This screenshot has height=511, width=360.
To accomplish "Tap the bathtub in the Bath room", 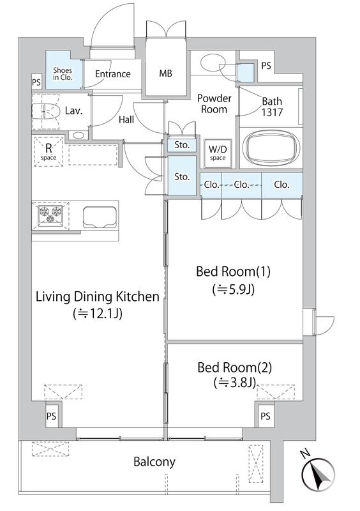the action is tap(271, 148).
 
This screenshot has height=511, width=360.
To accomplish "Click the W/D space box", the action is tap(218, 153).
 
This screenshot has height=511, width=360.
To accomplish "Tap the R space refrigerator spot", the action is tap(49, 151).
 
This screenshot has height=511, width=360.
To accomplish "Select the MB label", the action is tap(165, 73).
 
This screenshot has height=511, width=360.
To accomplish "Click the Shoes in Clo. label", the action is tap(63, 73).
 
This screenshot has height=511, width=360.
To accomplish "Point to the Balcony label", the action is tap(154, 461).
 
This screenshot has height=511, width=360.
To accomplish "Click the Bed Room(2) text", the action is tap(234, 368).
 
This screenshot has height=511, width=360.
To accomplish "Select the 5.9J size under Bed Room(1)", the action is tap(233, 289).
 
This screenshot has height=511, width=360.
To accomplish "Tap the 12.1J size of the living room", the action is tap(98, 314).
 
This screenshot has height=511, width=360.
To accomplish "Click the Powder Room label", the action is tap(214, 103).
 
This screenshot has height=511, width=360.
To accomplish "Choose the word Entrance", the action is tap(113, 74).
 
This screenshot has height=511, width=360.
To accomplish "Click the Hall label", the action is tap(126, 119).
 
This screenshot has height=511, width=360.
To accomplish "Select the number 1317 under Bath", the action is tap(272, 112).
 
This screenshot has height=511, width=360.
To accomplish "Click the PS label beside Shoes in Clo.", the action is tap(36, 82).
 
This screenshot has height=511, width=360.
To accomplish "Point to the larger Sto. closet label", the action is tap(182, 177).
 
